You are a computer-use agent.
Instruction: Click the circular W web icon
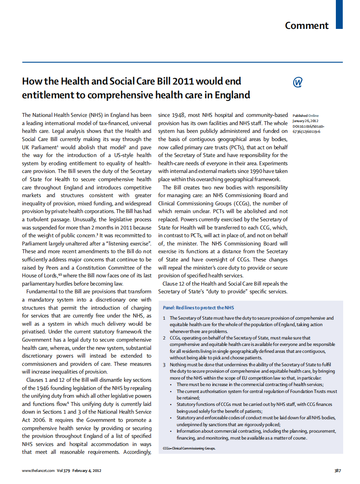point(297,82)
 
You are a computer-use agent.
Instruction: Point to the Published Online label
point(306,116)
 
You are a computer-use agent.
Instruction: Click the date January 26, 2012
point(305,121)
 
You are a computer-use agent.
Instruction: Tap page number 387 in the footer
point(338,471)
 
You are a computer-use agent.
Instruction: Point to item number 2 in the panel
point(164,338)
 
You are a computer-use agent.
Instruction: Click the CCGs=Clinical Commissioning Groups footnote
point(189,448)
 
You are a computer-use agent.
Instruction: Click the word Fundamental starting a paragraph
point(45,292)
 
